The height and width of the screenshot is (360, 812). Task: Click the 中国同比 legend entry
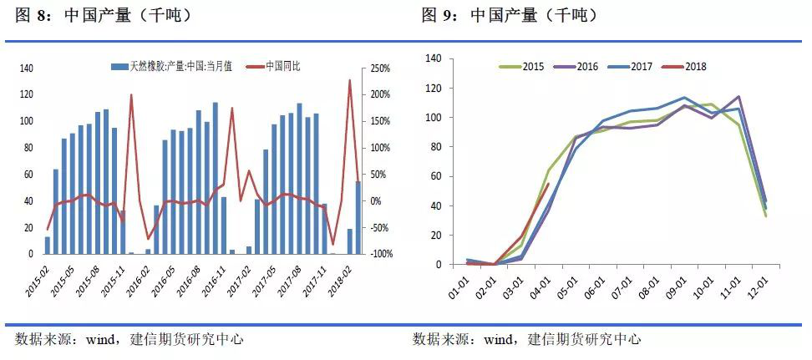284,66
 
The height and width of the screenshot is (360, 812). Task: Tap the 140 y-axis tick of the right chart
433,58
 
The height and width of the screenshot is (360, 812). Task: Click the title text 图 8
32,16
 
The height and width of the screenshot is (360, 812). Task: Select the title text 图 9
439,16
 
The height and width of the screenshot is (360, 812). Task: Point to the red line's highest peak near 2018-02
349,80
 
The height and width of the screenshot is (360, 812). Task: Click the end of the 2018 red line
549,184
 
